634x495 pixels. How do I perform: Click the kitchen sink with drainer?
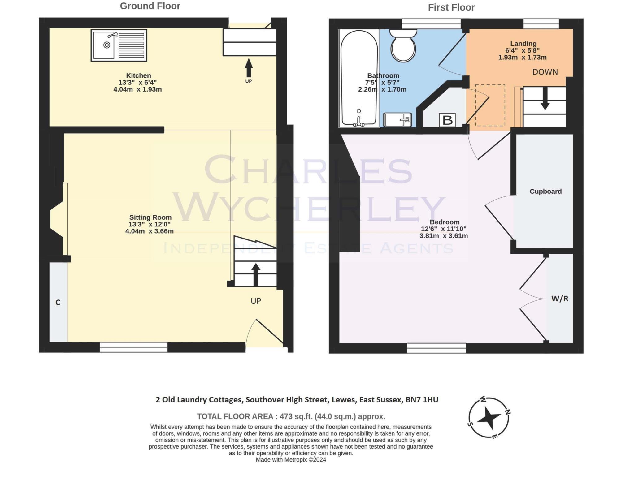pos(119,45)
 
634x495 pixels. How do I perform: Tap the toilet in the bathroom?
pos(403,46)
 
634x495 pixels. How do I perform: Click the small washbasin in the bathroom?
pos(397,120)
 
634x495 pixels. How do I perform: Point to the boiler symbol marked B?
pos(447,120)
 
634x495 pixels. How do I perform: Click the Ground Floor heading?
pos(150,6)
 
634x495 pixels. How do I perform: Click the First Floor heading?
pos(451,7)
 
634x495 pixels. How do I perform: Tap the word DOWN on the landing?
pos(545,72)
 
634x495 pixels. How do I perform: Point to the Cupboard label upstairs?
pos(545,192)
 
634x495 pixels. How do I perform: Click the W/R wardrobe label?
pos(560,299)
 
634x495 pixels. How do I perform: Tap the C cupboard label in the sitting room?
pos(58,303)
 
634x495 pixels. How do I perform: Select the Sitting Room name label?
pos(150,217)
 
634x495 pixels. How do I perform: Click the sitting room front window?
pos(133,347)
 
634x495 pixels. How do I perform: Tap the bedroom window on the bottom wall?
pos(436,348)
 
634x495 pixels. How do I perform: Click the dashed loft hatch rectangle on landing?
pos(490,105)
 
